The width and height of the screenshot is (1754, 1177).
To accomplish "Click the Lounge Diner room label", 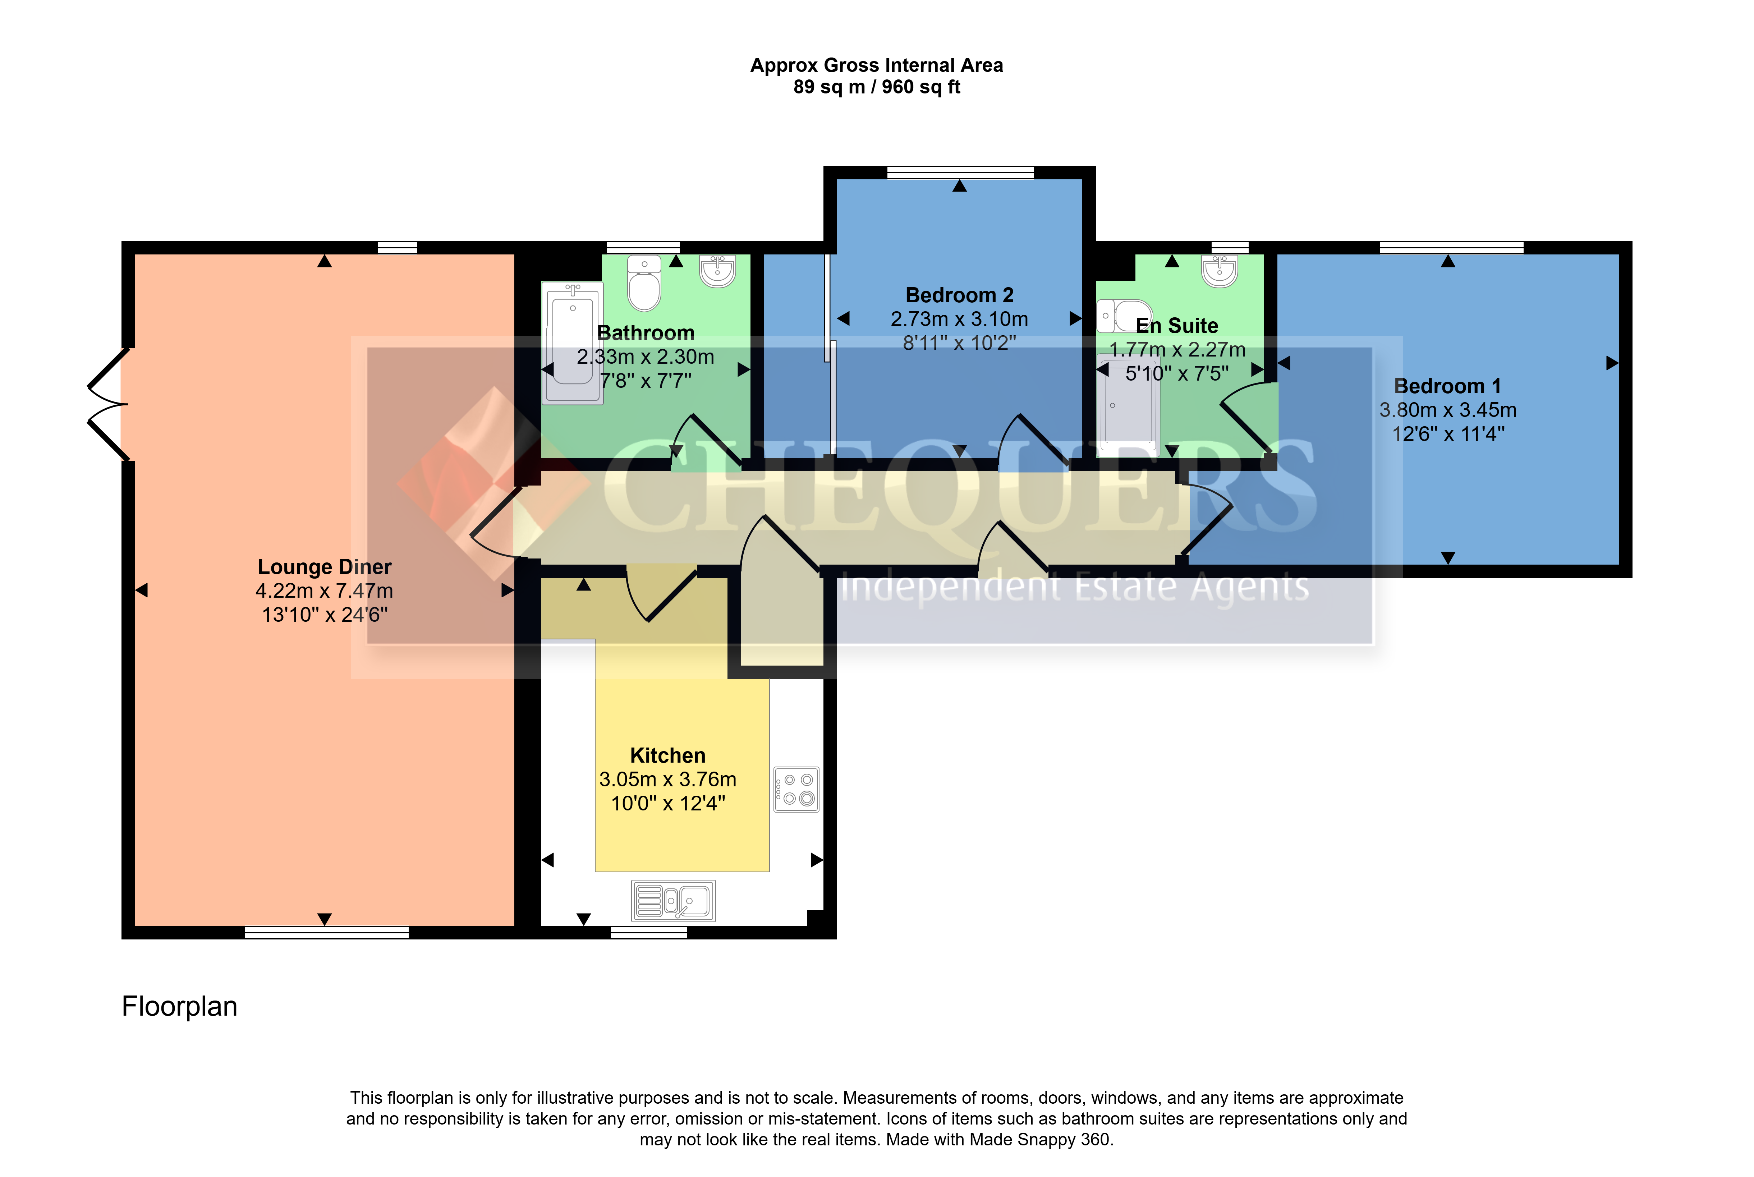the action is (324, 567).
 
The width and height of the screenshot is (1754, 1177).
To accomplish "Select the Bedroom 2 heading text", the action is (959, 295).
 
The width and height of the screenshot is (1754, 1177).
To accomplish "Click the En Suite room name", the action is (1177, 326).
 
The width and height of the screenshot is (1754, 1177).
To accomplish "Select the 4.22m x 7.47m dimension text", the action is (324, 591).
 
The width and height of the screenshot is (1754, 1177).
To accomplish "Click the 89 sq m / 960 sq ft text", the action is (877, 87).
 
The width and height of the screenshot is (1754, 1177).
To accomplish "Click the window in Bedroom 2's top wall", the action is (960, 173).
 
